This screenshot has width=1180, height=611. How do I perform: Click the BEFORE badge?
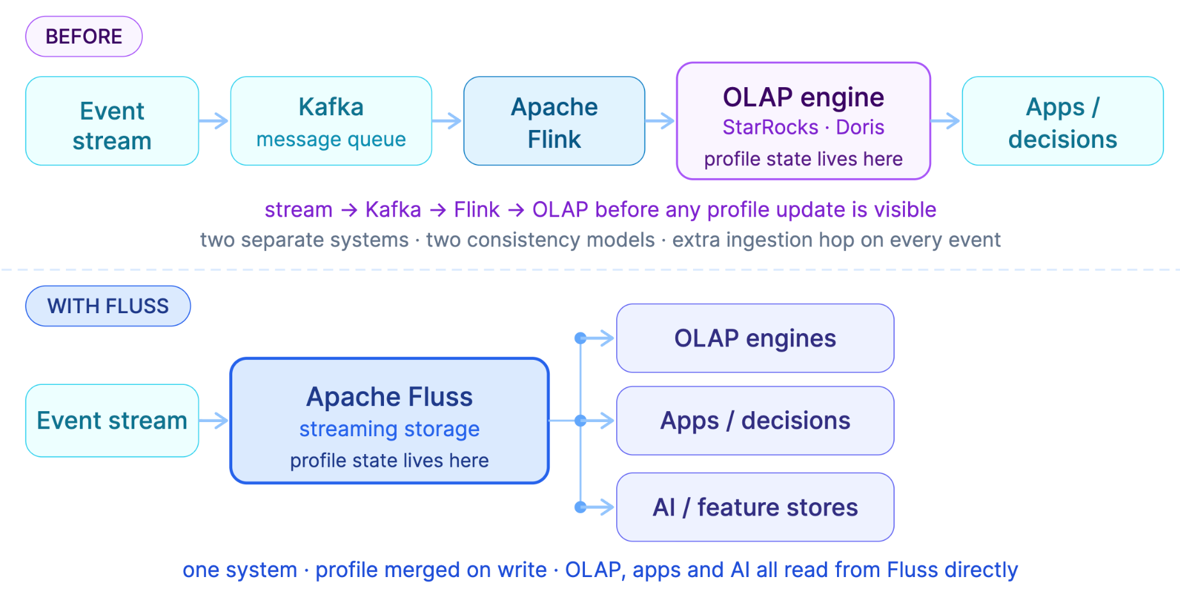pos(84,37)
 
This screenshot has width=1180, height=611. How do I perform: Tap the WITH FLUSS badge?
pos(108,306)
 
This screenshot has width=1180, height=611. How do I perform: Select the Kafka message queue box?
pos(331,121)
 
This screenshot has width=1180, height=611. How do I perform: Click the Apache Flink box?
pos(554,121)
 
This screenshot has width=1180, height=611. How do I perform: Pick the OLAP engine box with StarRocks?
pos(803,121)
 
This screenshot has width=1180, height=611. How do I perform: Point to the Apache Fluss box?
pos(390,421)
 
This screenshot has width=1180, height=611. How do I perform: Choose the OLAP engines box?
pos(755,338)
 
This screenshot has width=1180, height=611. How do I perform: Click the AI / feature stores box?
pos(755,507)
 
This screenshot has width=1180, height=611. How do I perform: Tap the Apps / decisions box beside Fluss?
pos(755,421)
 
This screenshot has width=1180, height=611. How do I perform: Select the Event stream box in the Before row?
pos(112,121)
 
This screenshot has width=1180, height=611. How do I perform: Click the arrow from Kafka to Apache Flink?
pos(447,120)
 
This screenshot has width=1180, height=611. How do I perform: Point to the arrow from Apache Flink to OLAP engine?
pos(660,120)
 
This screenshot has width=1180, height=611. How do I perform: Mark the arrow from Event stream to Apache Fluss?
pos(214,421)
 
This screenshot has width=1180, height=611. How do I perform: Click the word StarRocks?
pos(770,127)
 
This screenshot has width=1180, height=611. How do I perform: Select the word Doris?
pos(860,127)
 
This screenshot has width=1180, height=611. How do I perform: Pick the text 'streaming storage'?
pos(389,429)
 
